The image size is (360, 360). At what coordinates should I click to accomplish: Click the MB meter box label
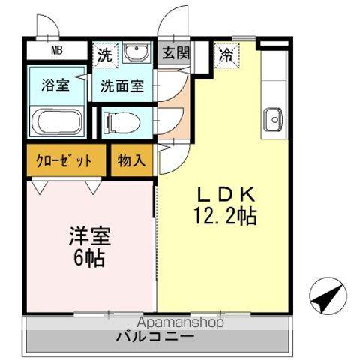point(57,52)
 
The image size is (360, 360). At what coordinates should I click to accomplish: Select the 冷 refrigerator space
point(225,55)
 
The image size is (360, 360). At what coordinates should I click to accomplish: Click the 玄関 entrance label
point(175,53)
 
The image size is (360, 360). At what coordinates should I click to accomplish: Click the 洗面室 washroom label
point(123,85)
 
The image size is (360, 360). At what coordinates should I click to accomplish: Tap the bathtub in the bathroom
point(56,121)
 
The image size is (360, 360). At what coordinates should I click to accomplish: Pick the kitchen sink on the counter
point(273,118)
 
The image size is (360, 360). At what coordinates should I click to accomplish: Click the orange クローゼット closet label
point(64,160)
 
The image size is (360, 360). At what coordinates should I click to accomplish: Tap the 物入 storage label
point(132,160)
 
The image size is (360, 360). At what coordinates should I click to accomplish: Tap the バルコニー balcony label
point(155,337)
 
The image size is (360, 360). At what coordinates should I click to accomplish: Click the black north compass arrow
point(328,297)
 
